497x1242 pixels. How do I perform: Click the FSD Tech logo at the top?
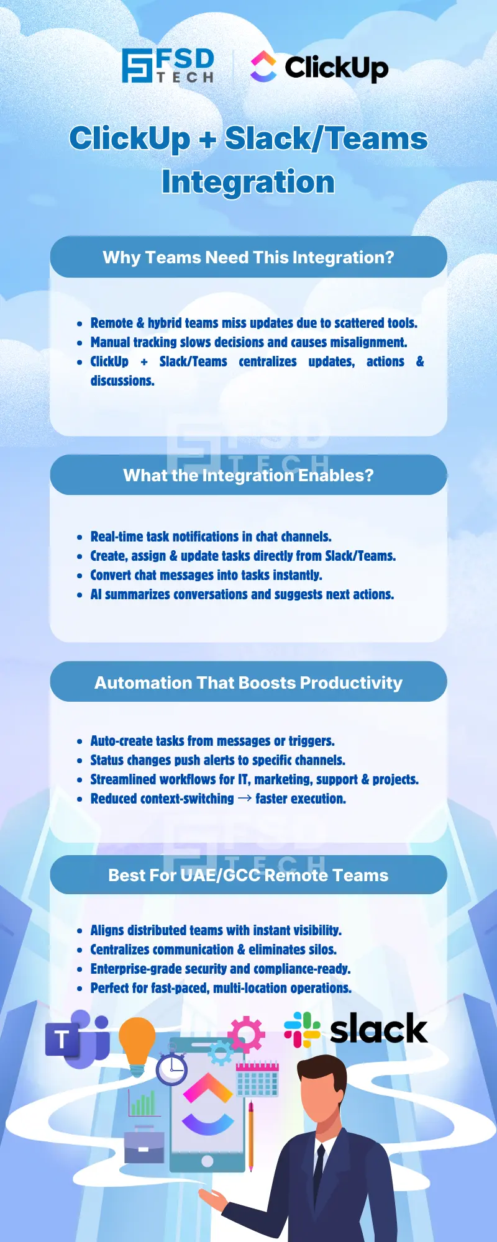pyautogui.click(x=168, y=66)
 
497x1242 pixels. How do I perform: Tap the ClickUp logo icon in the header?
pyautogui.click(x=263, y=66)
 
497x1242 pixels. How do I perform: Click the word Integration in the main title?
pyautogui.click(x=248, y=182)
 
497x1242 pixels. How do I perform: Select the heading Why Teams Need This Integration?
pyautogui.click(x=248, y=257)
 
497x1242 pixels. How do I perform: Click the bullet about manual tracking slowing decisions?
pyautogui.click(x=248, y=342)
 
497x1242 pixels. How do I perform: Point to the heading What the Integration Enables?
pyautogui.click(x=248, y=476)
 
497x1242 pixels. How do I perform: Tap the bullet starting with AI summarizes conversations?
pyautogui.click(x=242, y=594)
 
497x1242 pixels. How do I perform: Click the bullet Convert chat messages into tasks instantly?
pyautogui.click(x=206, y=575)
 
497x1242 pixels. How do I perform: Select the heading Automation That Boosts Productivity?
pyautogui.click(x=248, y=682)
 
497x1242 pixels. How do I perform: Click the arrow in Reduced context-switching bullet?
pyautogui.click(x=245, y=798)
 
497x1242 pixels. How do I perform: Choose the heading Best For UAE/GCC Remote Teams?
pyautogui.click(x=248, y=875)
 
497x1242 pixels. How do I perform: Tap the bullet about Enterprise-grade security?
pyautogui.click(x=221, y=969)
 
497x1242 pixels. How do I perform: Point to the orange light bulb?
pyautogui.click(x=137, y=1044)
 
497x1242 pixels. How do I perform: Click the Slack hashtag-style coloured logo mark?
pyautogui.click(x=302, y=1029)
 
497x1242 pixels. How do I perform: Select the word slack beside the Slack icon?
pyautogui.click(x=378, y=1029)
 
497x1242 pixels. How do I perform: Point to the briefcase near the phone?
pyautogui.click(x=144, y=1146)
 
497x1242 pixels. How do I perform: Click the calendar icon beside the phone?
pyautogui.click(x=257, y=1079)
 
